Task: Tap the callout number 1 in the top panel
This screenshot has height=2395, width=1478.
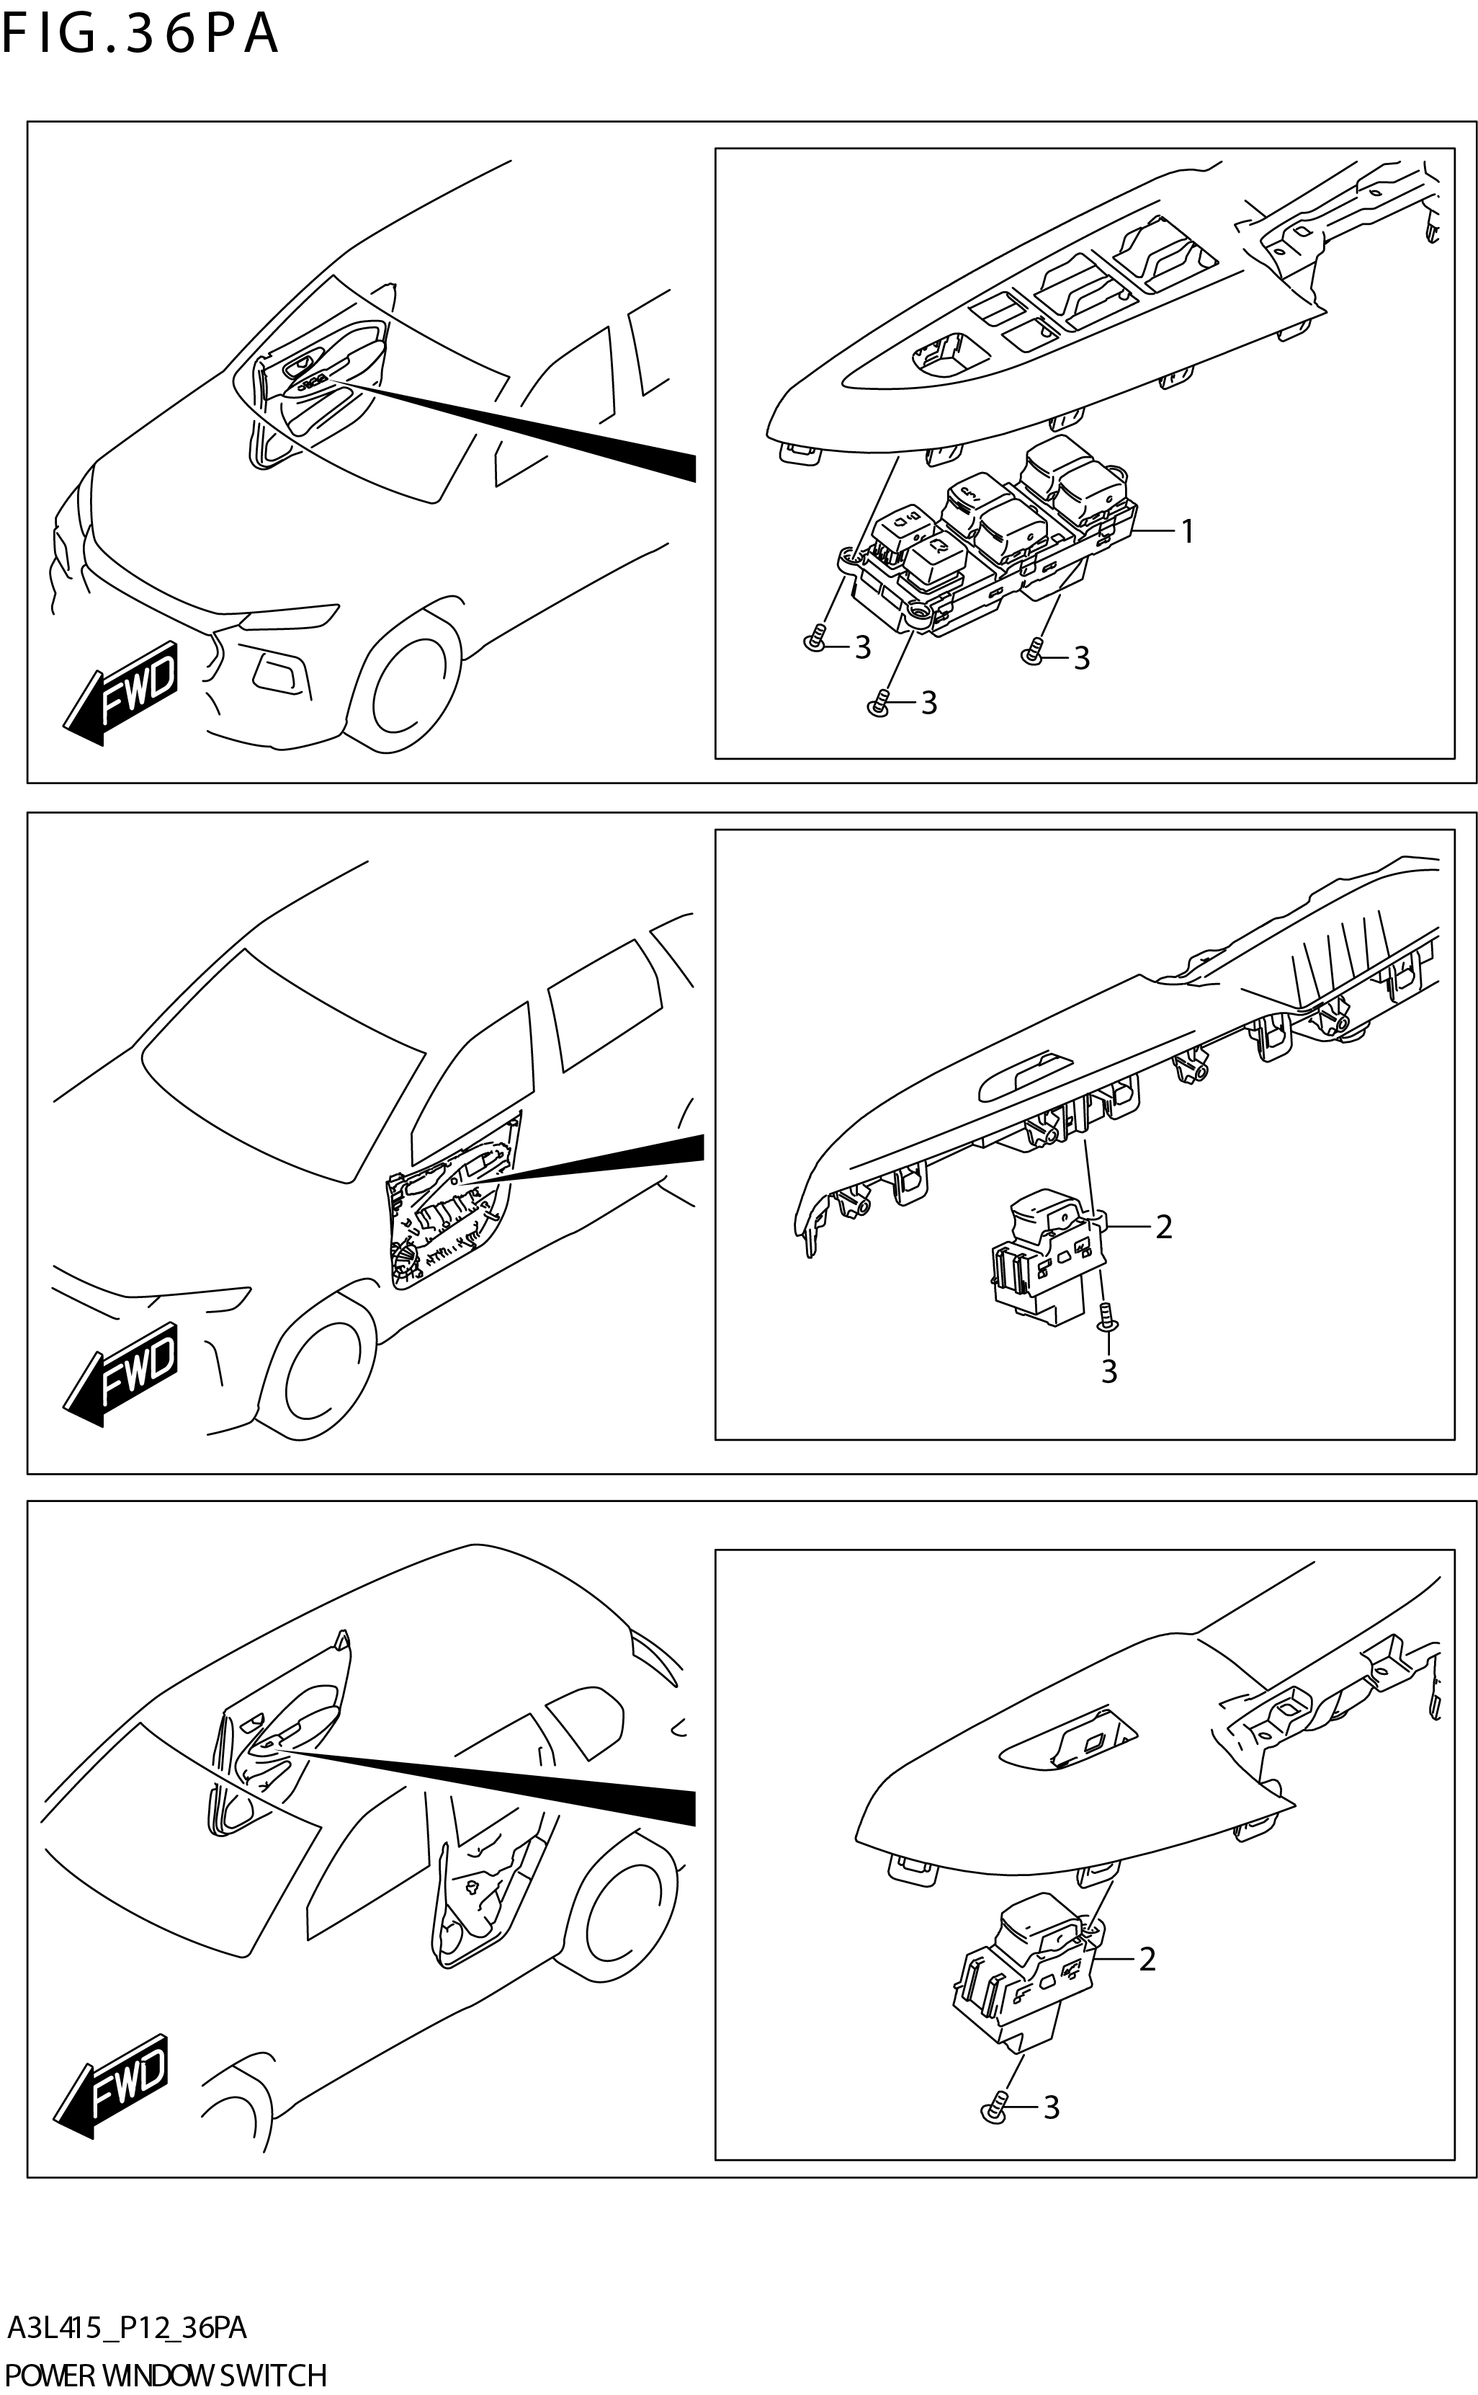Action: pos(1187,532)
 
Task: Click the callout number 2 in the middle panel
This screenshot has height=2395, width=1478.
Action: pos(1163,1227)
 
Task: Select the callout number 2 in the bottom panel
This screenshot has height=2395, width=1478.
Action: pos(1147,1959)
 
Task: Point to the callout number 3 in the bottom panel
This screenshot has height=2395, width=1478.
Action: pos(1052,2107)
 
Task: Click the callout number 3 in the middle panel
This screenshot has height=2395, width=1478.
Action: pos(1108,1371)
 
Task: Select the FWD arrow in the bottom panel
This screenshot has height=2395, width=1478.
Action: pos(115,2085)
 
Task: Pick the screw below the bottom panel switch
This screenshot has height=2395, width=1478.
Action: pos(993,2107)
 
